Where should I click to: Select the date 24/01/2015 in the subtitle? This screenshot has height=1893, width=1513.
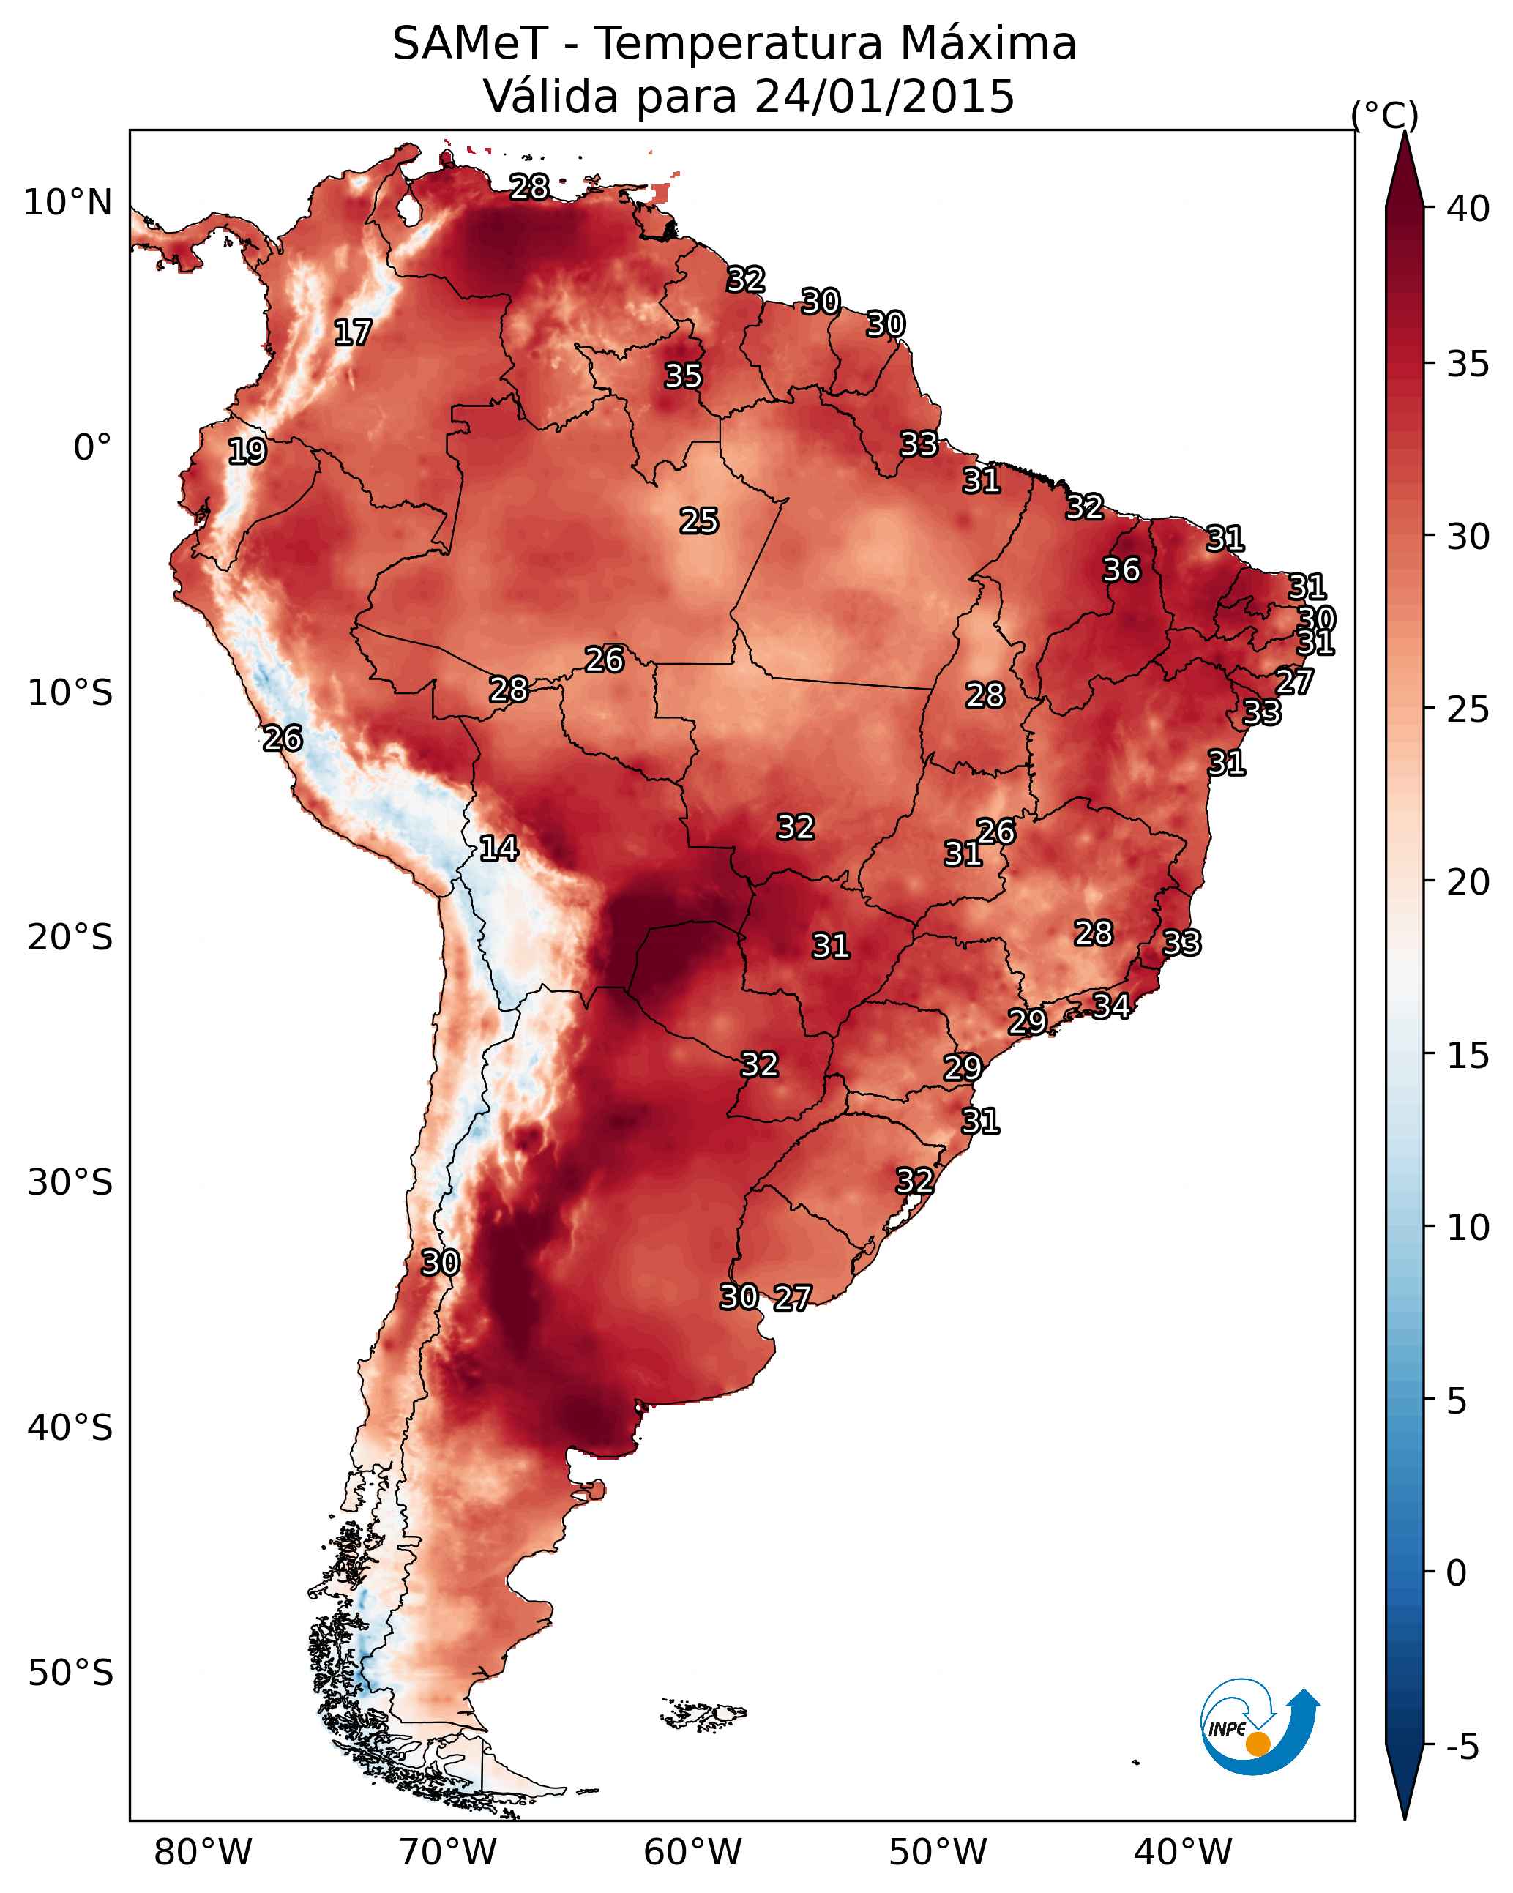[x=884, y=97]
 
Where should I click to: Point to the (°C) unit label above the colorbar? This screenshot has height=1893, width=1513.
[x=1385, y=115]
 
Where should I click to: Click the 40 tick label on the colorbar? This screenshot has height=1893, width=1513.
[x=1468, y=209]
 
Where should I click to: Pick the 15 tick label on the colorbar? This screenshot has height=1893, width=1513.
[x=1468, y=1056]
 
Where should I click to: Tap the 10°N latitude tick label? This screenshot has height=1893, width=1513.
[x=67, y=203]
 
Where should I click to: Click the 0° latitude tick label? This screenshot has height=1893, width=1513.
[x=92, y=448]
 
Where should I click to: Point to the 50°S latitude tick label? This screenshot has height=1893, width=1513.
[x=70, y=1673]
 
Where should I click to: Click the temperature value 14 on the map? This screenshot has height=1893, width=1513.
[x=498, y=848]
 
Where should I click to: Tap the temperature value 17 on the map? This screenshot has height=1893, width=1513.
[x=353, y=333]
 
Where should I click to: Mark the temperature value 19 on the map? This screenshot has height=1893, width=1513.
[x=247, y=452]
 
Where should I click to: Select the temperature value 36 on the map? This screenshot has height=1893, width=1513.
[x=1121, y=570]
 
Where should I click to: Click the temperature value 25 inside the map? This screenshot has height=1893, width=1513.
[x=699, y=521]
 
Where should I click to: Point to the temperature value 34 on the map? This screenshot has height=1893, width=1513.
[x=1111, y=1005]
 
